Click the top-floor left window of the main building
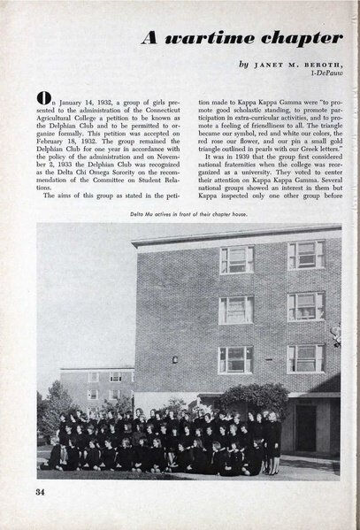(x=236, y=260)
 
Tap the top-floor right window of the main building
(x=305, y=255)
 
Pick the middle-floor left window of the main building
(x=236, y=310)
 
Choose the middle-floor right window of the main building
(x=305, y=306)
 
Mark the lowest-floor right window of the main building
(x=305, y=357)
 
